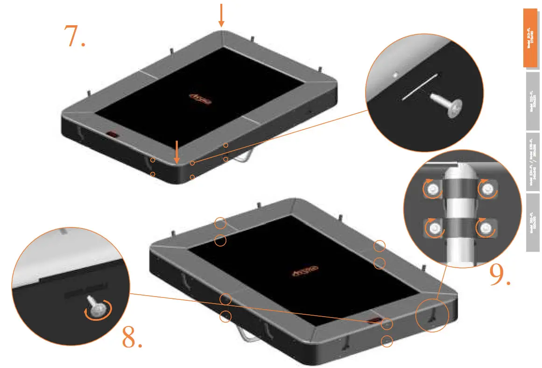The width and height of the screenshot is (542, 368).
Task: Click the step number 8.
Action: [x=132, y=337]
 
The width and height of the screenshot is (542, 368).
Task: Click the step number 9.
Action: [x=500, y=275]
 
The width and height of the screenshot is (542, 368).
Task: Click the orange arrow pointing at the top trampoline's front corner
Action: [x=177, y=151]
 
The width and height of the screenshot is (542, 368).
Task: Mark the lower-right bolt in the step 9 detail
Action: [x=487, y=228]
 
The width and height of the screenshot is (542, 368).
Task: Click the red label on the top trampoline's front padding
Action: [x=113, y=134]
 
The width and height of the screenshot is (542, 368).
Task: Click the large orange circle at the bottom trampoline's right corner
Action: [x=432, y=315]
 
